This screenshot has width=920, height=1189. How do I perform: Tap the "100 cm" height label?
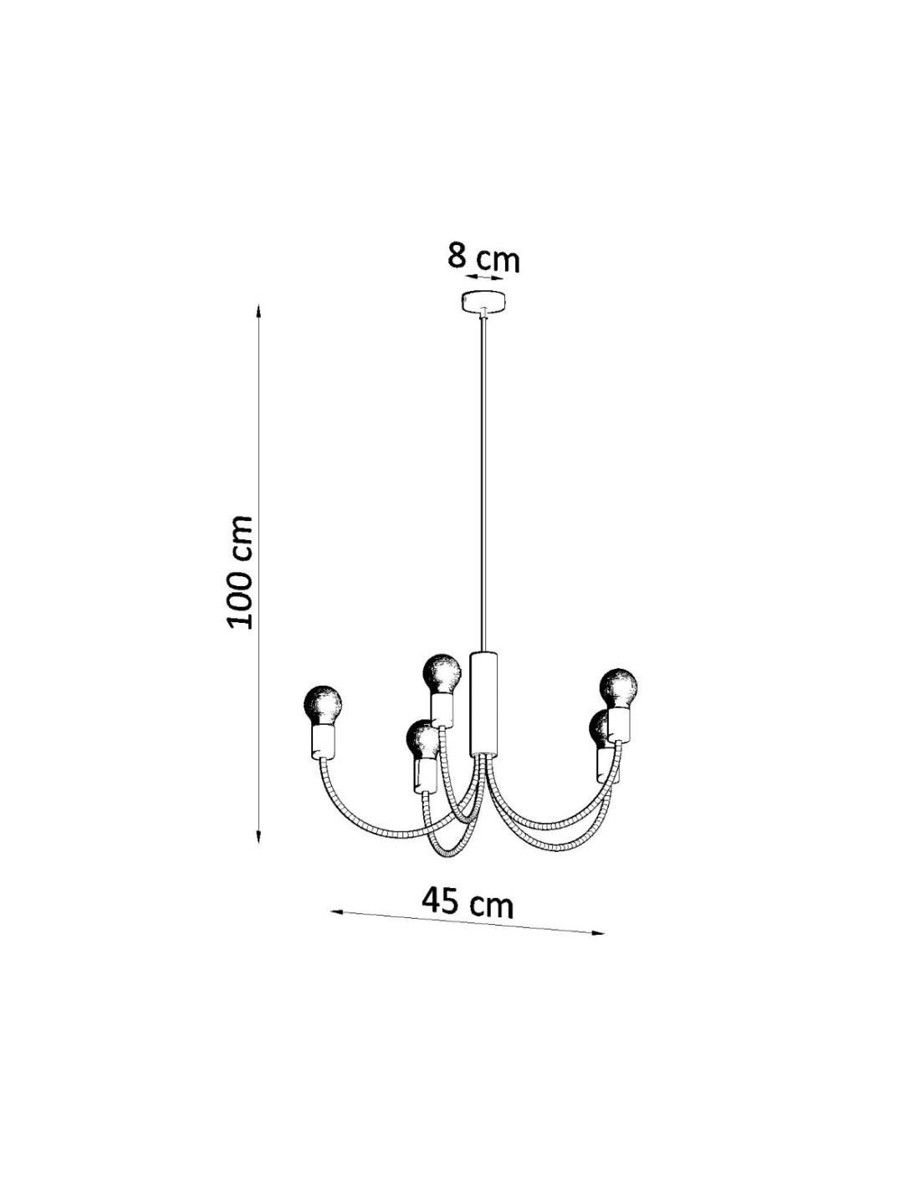[240, 572]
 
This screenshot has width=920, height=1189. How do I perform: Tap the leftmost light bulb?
[323, 706]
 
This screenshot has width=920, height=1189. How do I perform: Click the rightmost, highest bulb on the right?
[618, 688]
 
